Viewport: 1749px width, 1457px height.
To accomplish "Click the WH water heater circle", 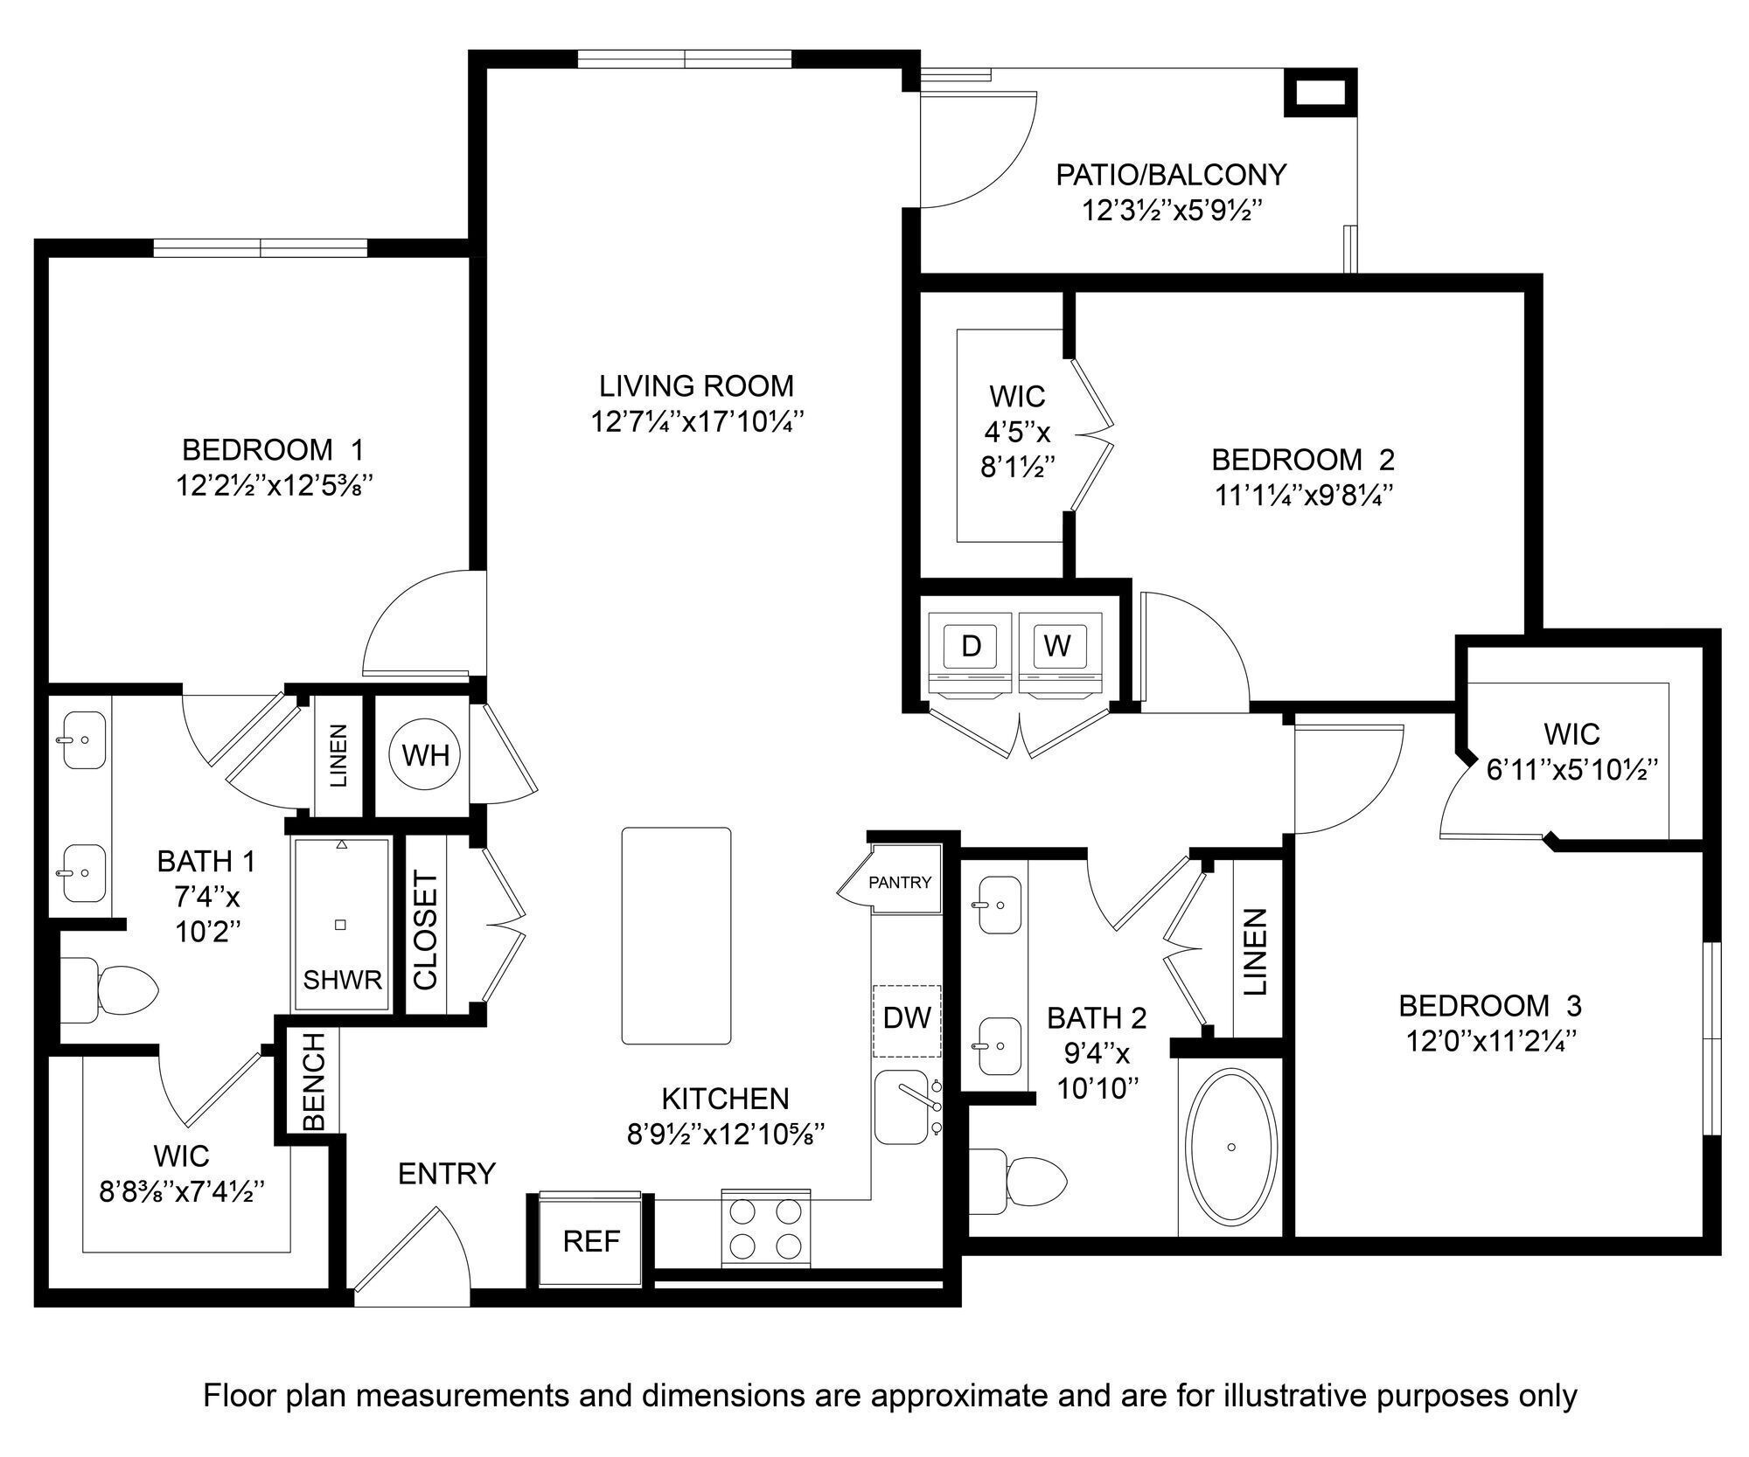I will click(x=426, y=754).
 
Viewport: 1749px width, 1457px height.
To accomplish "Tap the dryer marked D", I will click(x=971, y=646).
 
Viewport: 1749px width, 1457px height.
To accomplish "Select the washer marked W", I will click(x=1057, y=646).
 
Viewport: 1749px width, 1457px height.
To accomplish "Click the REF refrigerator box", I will click(x=591, y=1241).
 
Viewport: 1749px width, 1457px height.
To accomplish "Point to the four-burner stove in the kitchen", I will click(x=766, y=1228).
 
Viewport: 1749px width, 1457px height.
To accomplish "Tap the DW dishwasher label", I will click(x=907, y=1017).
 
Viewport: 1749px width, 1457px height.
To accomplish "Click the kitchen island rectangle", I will click(x=676, y=935).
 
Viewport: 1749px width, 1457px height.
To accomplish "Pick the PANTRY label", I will click(x=900, y=883).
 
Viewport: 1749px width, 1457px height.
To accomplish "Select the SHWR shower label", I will click(x=343, y=980).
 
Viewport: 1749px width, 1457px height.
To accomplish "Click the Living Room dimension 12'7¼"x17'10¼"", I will click(x=696, y=422).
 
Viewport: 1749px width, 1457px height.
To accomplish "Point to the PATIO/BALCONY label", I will click(x=1171, y=175).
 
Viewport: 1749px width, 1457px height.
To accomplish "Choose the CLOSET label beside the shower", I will click(x=425, y=929).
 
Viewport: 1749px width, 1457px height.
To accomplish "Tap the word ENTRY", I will click(x=446, y=1174).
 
